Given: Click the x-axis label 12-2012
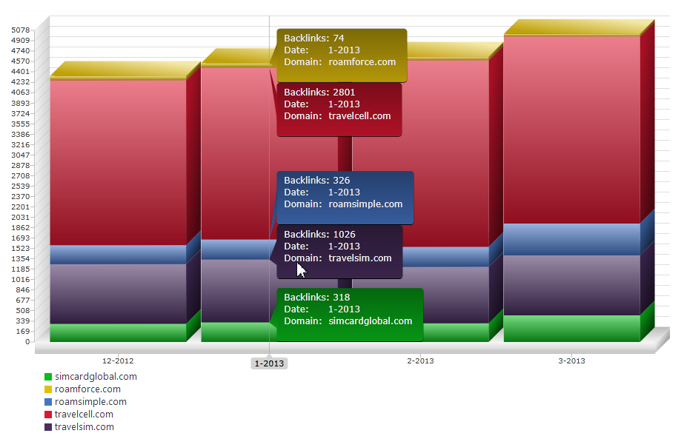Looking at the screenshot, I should pyautogui.click(x=118, y=361).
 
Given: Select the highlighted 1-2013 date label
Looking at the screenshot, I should pyautogui.click(x=269, y=363).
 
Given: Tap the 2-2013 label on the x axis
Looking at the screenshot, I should pyautogui.click(x=420, y=361).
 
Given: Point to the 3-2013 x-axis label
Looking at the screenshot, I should pyautogui.click(x=571, y=361).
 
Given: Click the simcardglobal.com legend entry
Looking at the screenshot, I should pyautogui.click(x=96, y=377).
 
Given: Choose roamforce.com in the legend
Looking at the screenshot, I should pyautogui.click(x=87, y=389).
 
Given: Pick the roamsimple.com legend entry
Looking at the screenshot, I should pyautogui.click(x=90, y=402).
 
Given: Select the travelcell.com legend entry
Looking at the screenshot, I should pyautogui.click(x=84, y=415).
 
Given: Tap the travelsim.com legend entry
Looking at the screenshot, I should pyautogui.click(x=84, y=427).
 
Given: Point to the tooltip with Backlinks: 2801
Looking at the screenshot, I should pyautogui.click(x=339, y=109).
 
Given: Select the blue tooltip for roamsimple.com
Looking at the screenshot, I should pyautogui.click(x=345, y=198).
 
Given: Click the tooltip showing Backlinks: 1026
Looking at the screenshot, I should pyautogui.click(x=339, y=252).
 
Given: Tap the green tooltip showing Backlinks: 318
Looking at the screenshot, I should pyautogui.click(x=349, y=315).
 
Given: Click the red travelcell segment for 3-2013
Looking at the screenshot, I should pyautogui.click(x=571, y=130).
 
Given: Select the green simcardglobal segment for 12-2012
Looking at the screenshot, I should pyautogui.click(x=118, y=332).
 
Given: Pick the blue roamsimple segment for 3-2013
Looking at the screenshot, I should pyautogui.click(x=571, y=239).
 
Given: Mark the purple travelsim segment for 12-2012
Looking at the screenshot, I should pyautogui.click(x=118, y=293).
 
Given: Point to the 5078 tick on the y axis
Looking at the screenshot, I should pyautogui.click(x=21, y=30).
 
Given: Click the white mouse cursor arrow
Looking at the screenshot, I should pyautogui.click(x=300, y=269).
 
